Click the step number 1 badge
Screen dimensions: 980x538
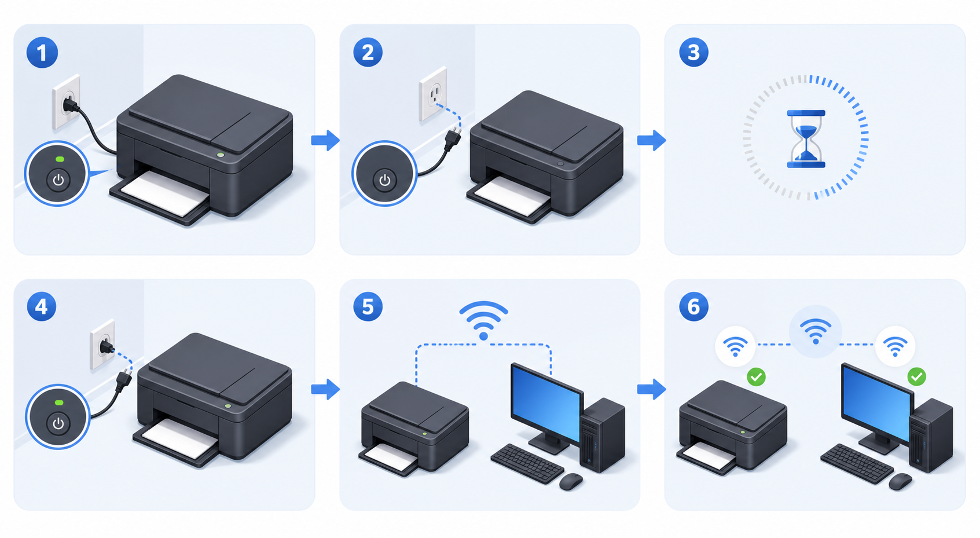[42, 53]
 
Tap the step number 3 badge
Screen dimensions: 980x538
[693, 52]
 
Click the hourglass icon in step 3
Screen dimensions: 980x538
[806, 139]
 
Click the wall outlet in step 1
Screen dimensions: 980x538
[67, 102]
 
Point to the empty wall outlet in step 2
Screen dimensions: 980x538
[433, 94]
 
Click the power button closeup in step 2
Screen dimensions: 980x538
[384, 173]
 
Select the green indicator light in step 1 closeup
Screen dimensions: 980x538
[60, 159]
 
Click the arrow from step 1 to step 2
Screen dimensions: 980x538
[325, 140]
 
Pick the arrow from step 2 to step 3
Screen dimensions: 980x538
[651, 140]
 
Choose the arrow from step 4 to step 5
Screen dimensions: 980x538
[325, 389]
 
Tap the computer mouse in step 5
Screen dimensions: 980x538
[571, 481]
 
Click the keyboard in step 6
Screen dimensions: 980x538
[857, 463]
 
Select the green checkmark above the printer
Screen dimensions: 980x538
[756, 377]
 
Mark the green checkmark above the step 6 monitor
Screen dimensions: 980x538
[916, 377]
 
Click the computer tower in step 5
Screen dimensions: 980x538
[603, 435]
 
